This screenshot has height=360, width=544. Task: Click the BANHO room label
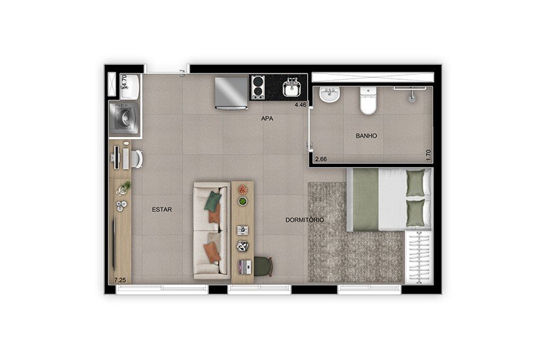(366, 136)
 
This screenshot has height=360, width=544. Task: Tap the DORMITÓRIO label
(304, 220)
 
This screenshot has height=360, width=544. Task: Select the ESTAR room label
(162, 209)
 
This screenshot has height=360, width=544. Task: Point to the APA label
(267, 118)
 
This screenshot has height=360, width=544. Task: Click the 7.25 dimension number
(119, 279)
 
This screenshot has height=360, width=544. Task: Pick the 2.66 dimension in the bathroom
(321, 159)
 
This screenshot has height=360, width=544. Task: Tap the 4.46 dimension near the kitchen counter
(301, 104)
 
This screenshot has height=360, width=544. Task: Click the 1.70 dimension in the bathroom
(428, 155)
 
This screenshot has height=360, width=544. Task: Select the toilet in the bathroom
(368, 101)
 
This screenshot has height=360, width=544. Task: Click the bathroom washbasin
(329, 95)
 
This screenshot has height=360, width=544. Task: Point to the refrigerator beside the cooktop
(231, 93)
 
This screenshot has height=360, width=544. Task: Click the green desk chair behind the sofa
(264, 266)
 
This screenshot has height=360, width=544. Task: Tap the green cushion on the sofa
(213, 201)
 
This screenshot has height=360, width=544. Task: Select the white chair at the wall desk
(137, 159)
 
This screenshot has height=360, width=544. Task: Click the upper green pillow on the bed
(415, 183)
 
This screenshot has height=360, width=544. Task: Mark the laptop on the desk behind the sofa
(245, 266)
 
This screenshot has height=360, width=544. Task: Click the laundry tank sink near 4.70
(129, 86)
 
